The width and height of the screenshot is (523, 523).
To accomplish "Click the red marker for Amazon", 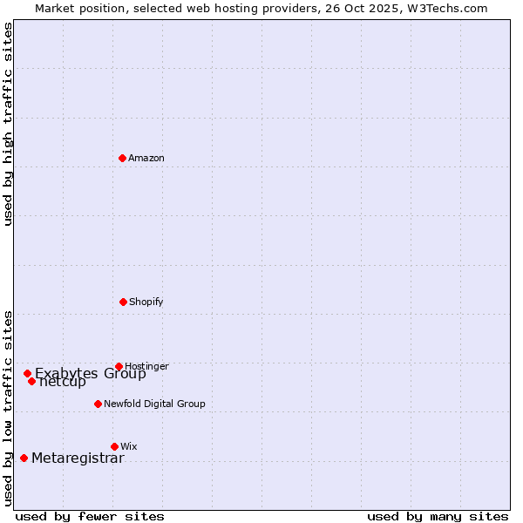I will click(x=123, y=158).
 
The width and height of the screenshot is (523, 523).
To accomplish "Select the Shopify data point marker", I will click(x=123, y=302).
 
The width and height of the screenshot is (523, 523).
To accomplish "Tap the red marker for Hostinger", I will click(x=119, y=366).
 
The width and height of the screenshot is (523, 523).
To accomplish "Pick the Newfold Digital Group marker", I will click(x=98, y=404).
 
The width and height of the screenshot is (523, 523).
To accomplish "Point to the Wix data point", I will click(x=114, y=446).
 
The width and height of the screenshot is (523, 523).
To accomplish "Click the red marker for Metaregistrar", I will click(x=24, y=458).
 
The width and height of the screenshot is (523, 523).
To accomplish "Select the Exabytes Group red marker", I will click(x=27, y=373).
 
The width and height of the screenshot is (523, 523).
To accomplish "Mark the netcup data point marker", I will click(x=31, y=381).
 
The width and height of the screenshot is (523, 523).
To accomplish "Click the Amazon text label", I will click(x=146, y=158).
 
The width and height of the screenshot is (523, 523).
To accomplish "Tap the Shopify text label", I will click(x=146, y=302).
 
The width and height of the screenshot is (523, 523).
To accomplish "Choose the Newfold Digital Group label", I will click(x=154, y=404).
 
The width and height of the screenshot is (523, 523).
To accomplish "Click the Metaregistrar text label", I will click(x=78, y=458).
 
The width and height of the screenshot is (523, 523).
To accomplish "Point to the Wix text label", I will click(x=129, y=446).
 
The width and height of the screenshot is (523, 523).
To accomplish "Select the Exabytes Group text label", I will click(x=91, y=374).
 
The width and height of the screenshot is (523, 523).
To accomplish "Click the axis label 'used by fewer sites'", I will click(x=90, y=516).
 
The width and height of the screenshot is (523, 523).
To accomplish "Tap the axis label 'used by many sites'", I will click(x=438, y=516).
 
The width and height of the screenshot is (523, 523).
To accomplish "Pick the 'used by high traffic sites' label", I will click(x=9, y=124).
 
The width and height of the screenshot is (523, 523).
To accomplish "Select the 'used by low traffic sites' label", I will click(x=9, y=407).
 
